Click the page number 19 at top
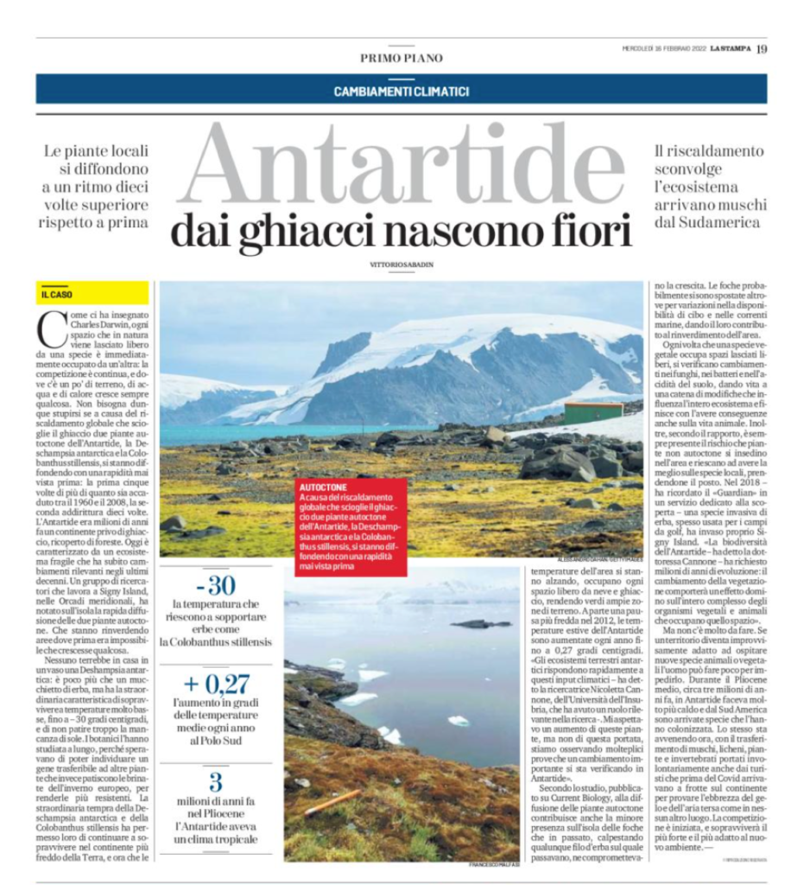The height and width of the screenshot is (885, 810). [x=761, y=48]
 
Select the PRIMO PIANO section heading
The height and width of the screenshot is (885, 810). [x=401, y=58]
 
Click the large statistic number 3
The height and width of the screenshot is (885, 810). [x=216, y=783]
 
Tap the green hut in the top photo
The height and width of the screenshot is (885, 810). [x=592, y=412]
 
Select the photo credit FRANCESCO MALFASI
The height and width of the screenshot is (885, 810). [x=495, y=864]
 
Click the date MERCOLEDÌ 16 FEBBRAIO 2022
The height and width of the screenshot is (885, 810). [x=661, y=48]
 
